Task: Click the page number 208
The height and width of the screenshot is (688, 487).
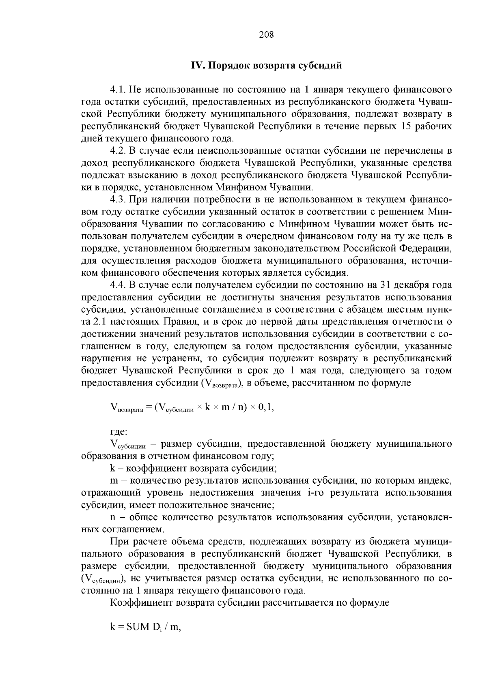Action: tap(266, 35)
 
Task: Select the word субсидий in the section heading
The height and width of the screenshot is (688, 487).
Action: tap(321, 66)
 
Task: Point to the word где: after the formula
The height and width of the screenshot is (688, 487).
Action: tap(119, 433)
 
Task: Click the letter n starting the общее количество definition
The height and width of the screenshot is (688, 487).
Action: tap(112, 518)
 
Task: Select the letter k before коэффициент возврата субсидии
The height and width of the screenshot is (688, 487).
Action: tap(112, 469)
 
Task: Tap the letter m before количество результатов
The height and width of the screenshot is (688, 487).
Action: tap(114, 481)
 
